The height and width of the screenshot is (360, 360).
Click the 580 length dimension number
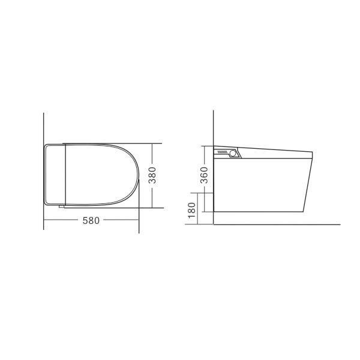(x=91, y=220)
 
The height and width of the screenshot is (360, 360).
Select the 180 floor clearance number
(x=192, y=211)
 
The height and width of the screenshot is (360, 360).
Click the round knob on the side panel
(x=233, y=154)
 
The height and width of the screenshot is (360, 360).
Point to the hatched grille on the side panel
(x=223, y=154)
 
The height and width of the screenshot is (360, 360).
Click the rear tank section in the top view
(x=55, y=175)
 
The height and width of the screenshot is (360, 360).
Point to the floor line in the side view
(x=276, y=224)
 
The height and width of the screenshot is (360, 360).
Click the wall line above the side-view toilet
(x=214, y=129)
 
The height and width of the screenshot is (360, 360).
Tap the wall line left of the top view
(x=44, y=129)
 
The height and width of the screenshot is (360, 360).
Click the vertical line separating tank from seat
(x=64, y=175)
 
